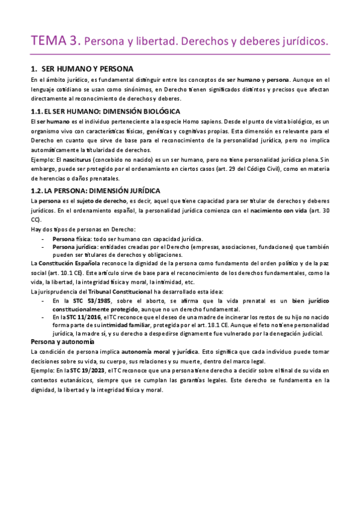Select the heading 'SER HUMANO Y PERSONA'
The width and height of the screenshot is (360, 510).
click(88, 69)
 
